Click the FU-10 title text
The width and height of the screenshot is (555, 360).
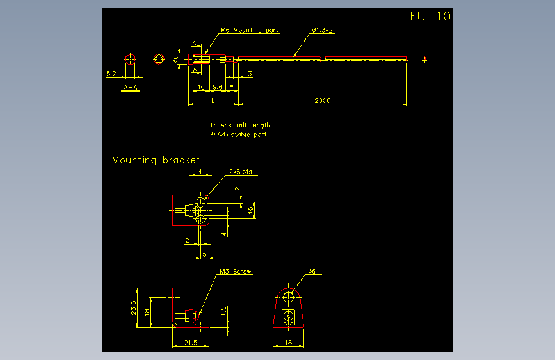pos(430,17)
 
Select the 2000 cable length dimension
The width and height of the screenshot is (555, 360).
pos(323,100)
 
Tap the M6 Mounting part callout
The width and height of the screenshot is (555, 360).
pos(249,30)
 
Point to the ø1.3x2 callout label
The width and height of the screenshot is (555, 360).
pos(323,30)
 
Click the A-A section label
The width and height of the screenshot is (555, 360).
pos(131,88)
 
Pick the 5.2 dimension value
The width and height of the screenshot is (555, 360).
pos(111,74)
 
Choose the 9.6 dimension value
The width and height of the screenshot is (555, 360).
pos(218,86)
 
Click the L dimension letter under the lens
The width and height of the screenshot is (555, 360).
pos(213,101)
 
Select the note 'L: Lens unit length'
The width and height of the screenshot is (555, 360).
pos(241,125)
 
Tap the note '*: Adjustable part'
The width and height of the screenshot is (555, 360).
pos(239,135)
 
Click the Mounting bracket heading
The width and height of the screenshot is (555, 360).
pos(156,160)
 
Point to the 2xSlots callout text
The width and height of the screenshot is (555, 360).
pos(241,172)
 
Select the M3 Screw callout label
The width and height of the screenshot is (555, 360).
pos(235,272)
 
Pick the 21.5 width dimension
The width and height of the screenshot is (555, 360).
pos(191,343)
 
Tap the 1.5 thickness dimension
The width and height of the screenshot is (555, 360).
pos(224,310)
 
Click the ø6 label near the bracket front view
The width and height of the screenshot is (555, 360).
pos(312,272)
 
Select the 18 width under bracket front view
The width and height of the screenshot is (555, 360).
pos(289,343)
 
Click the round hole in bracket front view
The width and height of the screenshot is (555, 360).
pos(289,297)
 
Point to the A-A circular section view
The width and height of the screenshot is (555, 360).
pos(131,60)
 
